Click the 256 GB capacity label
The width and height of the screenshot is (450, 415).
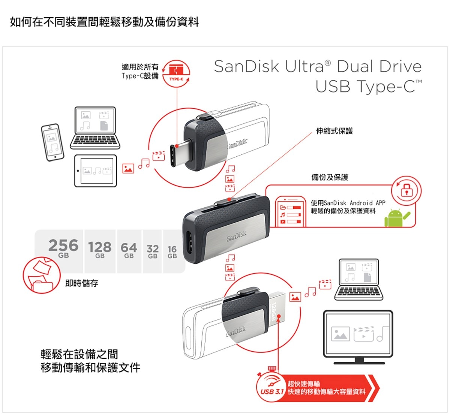[x=63, y=248]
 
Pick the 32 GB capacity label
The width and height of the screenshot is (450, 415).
[x=153, y=251]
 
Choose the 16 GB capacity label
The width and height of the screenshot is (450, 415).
[x=172, y=252]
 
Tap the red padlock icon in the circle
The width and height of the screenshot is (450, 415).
[x=406, y=190]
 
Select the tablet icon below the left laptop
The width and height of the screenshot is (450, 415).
[x=96, y=171]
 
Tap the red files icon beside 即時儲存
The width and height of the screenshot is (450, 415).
[x=41, y=274]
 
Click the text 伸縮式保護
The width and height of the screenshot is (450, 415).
[x=334, y=131]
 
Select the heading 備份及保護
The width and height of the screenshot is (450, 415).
[x=330, y=177]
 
